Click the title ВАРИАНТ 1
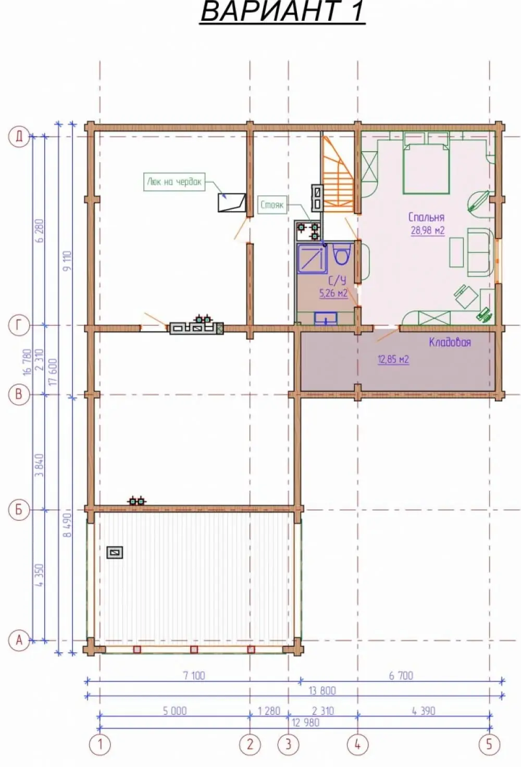coord(282,11)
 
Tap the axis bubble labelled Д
coord(19,137)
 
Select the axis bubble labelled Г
coord(19,326)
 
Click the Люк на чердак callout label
coord(175,181)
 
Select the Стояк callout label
coord(272,205)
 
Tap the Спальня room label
coord(426,217)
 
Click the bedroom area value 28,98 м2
coord(428,230)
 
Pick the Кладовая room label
coord(450,342)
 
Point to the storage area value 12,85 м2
coord(393,360)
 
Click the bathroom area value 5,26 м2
coord(333,294)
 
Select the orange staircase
coord(338,175)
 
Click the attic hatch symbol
coord(232,202)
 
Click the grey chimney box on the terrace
coord(115,552)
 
